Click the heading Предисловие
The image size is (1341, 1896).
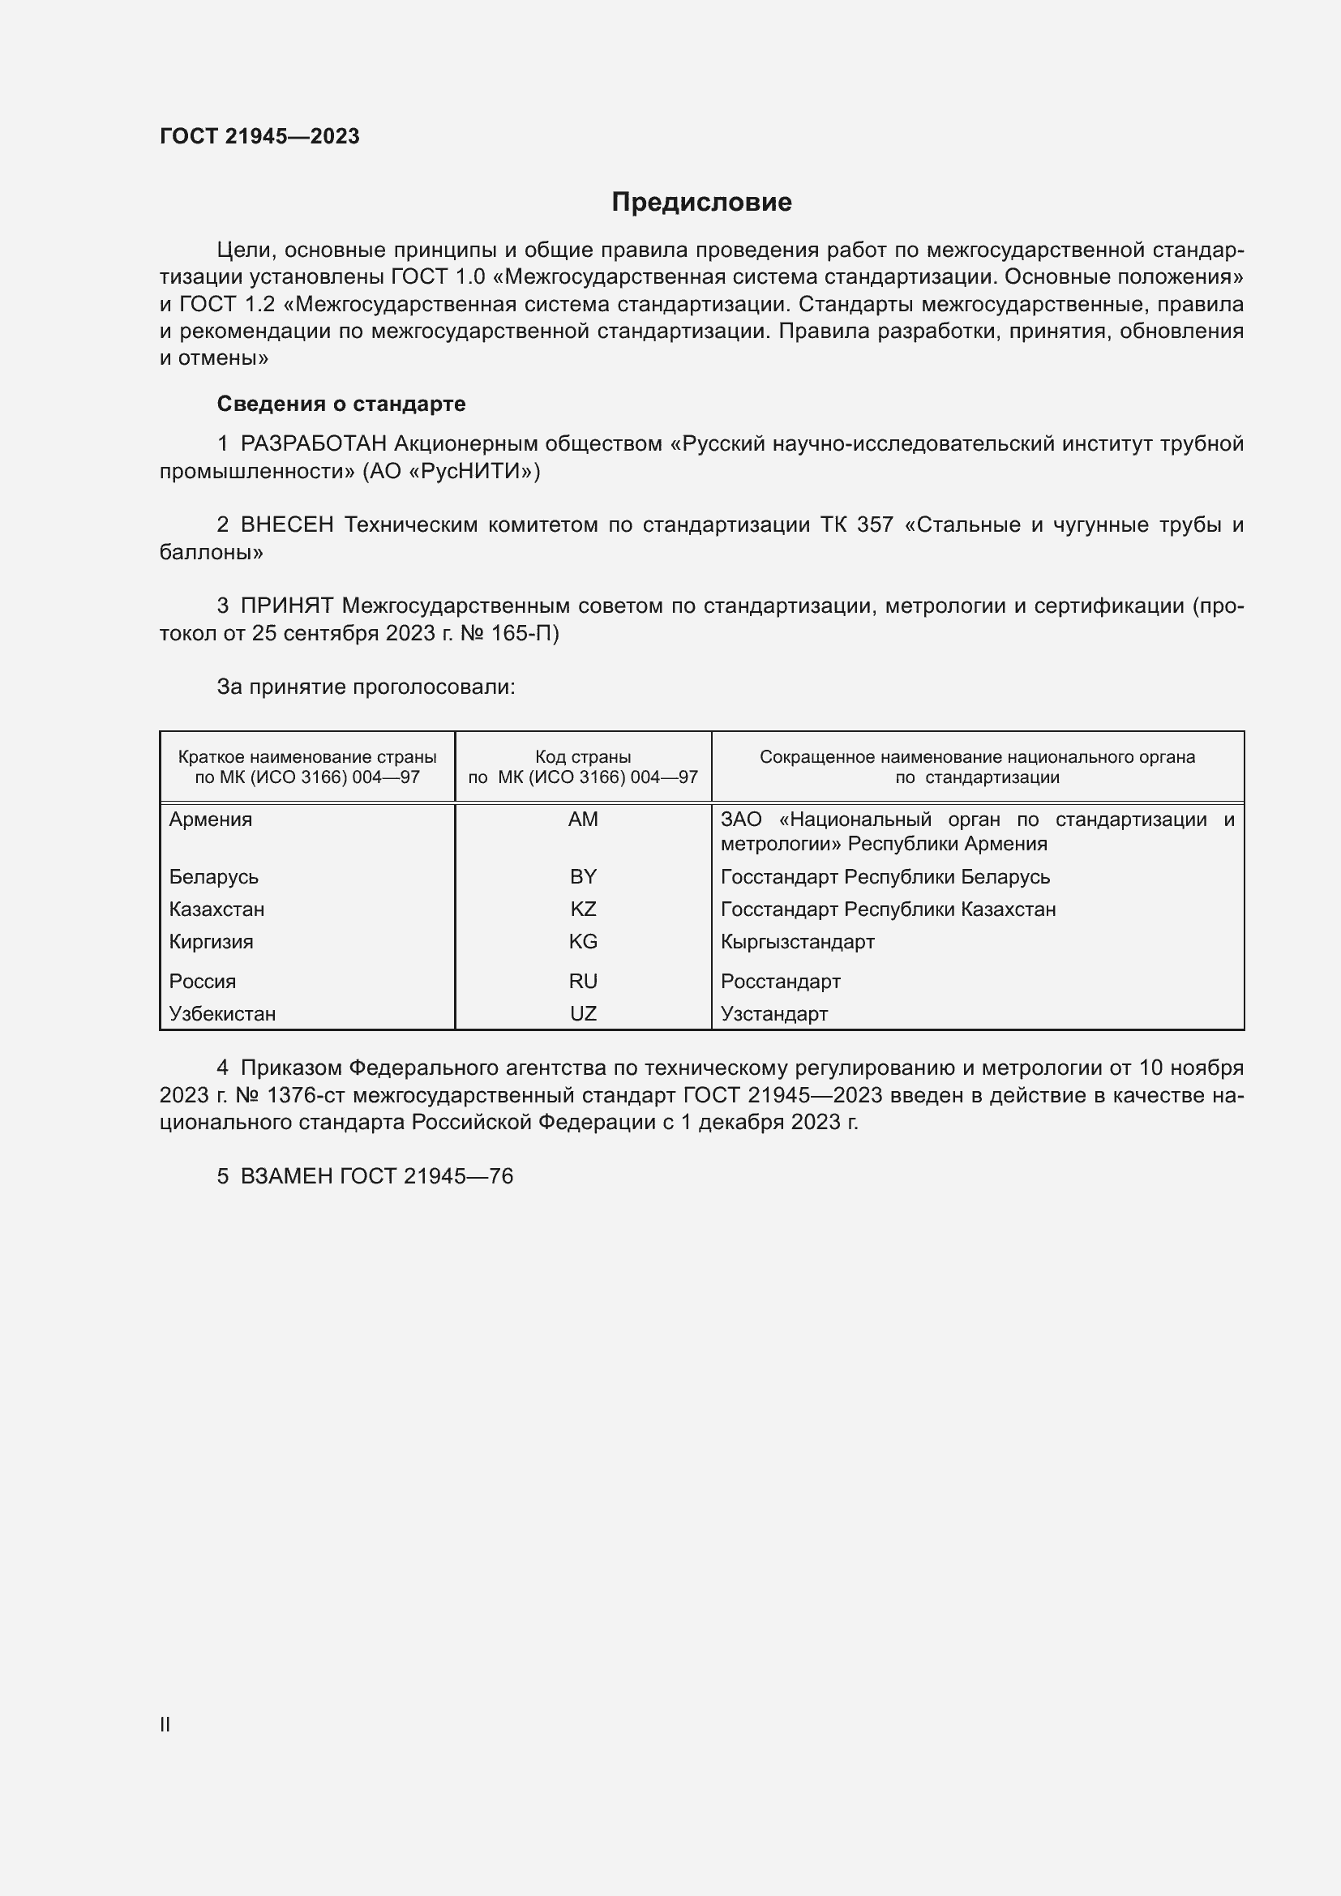(x=701, y=203)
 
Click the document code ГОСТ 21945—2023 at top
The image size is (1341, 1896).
(x=259, y=136)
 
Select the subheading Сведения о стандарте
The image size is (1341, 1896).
(x=341, y=404)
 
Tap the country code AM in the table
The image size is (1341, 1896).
(x=583, y=820)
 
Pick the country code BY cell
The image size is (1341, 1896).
(x=583, y=876)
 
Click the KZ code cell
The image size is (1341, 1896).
(x=583, y=909)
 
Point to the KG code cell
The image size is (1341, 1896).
(x=583, y=941)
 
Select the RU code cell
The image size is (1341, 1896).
(x=583, y=981)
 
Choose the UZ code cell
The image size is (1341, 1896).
(x=583, y=1013)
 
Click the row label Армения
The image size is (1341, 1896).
(x=211, y=820)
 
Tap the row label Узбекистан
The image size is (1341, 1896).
(x=222, y=1013)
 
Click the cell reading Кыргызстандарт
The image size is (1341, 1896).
(x=797, y=941)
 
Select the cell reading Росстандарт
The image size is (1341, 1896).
(x=780, y=981)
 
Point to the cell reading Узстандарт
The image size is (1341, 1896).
(x=773, y=1013)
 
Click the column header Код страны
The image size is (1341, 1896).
(x=583, y=756)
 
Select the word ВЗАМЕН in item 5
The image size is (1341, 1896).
(x=285, y=1176)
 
